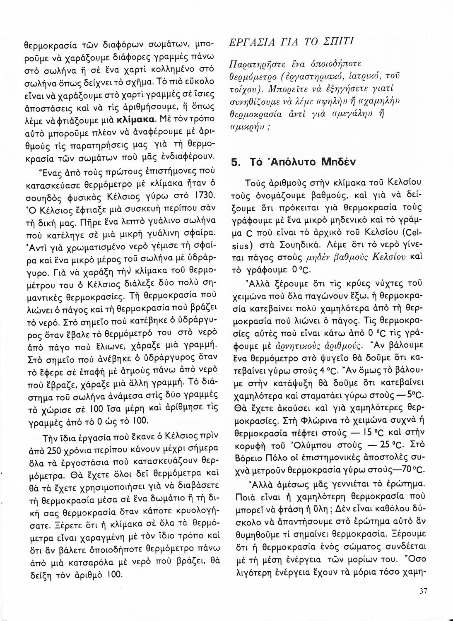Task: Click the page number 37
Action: (x=423, y=591)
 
